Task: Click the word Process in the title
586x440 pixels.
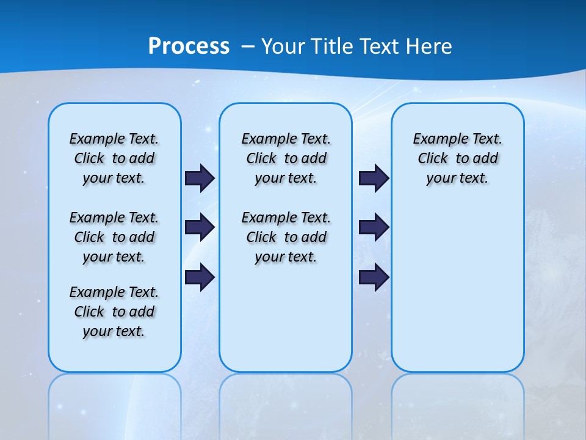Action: click(189, 46)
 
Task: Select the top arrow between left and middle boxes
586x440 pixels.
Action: click(200, 178)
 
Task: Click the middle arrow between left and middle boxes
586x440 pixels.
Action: click(200, 227)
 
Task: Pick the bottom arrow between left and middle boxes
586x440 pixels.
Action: click(200, 277)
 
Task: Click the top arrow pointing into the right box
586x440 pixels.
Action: click(374, 178)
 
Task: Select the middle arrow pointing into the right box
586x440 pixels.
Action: click(374, 227)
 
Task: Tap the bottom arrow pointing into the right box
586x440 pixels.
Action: click(374, 277)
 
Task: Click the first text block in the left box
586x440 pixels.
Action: click(114, 158)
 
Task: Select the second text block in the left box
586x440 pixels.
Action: click(114, 237)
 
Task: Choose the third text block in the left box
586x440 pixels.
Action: click(114, 312)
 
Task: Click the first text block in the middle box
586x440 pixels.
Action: click(286, 158)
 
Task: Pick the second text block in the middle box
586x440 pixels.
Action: click(286, 237)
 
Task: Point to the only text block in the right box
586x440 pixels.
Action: click(458, 158)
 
